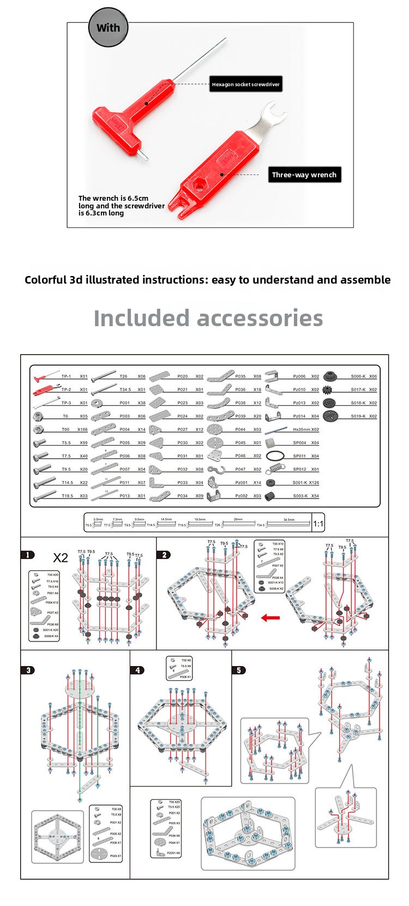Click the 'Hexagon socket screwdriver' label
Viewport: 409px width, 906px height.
pyautogui.click(x=245, y=85)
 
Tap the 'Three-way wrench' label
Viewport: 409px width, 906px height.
pyautogui.click(x=304, y=175)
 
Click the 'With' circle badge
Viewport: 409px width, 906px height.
pyautogui.click(x=108, y=28)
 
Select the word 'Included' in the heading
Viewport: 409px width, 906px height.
pyautogui.click(x=140, y=318)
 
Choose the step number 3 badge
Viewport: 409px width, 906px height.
pyautogui.click(x=28, y=670)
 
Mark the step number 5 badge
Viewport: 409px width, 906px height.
pyautogui.click(x=238, y=670)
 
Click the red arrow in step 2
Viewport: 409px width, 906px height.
pyautogui.click(x=270, y=618)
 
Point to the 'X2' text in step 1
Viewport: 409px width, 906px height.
pyautogui.click(x=61, y=557)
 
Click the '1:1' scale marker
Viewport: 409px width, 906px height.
pyautogui.click(x=318, y=524)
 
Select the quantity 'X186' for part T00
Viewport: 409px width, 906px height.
pyautogui.click(x=82, y=430)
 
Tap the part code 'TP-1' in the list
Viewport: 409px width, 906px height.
pyautogui.click(x=66, y=376)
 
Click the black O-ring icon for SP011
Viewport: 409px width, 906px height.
pyautogui.click(x=276, y=456)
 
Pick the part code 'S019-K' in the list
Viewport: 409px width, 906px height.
pyautogui.click(x=358, y=416)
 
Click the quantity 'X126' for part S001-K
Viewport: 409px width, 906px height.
pyautogui.click(x=314, y=483)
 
